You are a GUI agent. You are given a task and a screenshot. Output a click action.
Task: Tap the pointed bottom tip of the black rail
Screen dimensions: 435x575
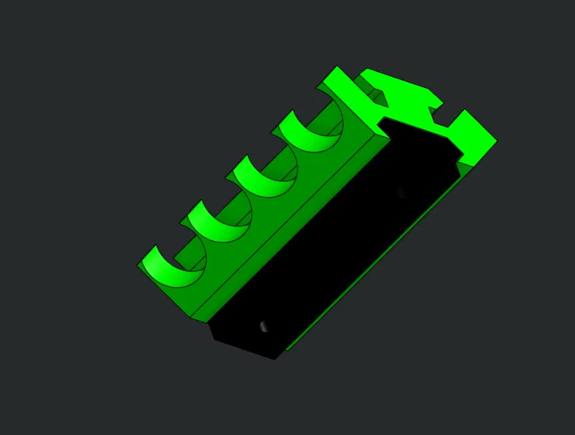pos(275,358)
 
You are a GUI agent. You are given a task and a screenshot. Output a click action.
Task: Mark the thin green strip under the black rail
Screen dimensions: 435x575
pos(381,256)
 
